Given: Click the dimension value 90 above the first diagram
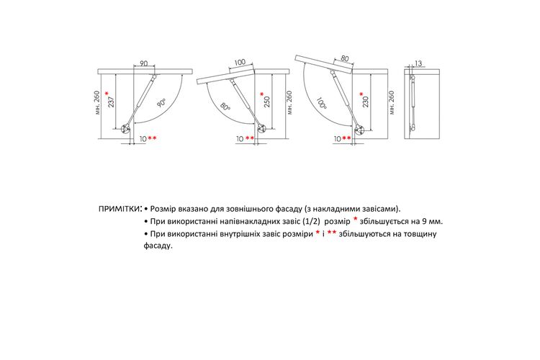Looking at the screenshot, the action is click(143, 63).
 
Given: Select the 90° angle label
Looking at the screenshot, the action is click(161, 104).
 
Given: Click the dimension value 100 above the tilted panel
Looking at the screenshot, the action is click(240, 63).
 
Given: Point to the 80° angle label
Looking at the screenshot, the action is click(225, 106).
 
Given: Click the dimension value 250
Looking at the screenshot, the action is click(267, 102).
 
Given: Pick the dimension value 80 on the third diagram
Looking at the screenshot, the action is click(345, 58).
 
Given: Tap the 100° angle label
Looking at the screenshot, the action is click(321, 103).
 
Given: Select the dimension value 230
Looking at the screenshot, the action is click(366, 102).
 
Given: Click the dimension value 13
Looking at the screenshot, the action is click(418, 63).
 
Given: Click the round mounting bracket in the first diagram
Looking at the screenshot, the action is click(125, 129).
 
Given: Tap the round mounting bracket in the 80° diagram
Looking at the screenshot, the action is click(262, 129).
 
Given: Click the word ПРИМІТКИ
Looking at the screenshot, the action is click(119, 209).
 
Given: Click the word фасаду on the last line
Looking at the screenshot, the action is click(158, 246).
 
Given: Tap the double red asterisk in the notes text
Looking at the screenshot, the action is click(332, 233).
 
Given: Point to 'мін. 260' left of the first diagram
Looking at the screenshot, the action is click(97, 103).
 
